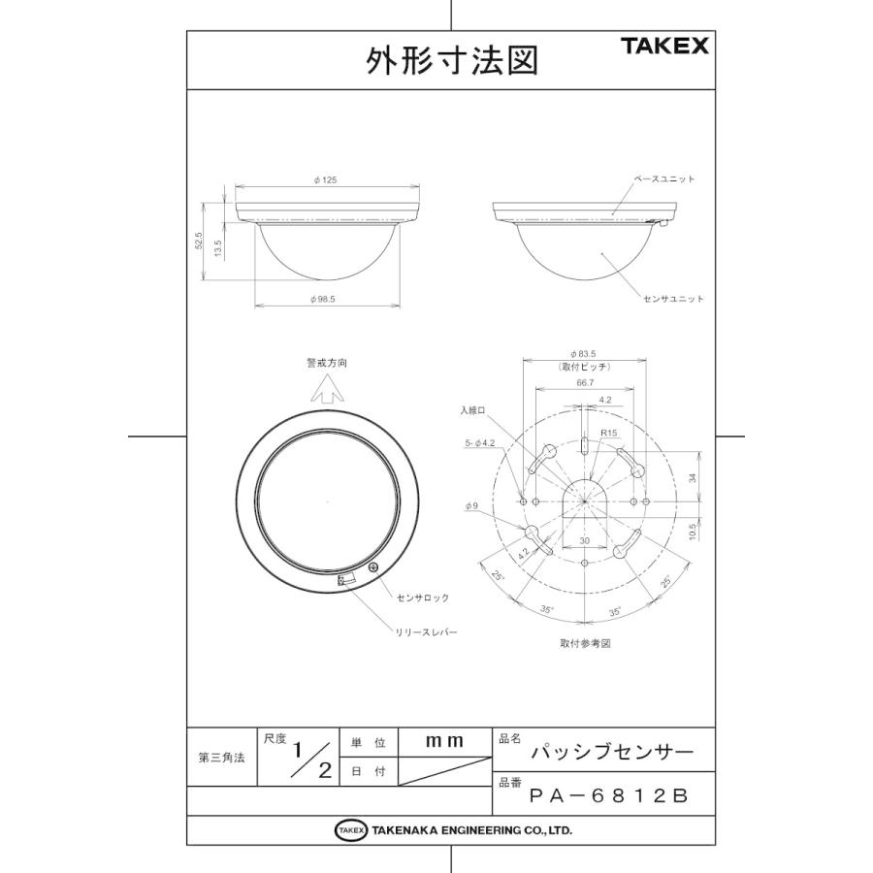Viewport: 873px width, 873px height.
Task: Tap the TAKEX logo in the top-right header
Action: pyautogui.click(x=664, y=46)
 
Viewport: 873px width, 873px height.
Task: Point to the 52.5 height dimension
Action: pyautogui.click(x=199, y=242)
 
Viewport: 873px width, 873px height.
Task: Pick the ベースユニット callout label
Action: pyautogui.click(x=664, y=180)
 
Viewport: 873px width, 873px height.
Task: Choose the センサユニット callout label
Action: pyautogui.click(x=673, y=299)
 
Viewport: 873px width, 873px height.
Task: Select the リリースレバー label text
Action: pyautogui.click(x=425, y=631)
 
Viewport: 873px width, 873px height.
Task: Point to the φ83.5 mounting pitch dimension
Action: pyautogui.click(x=583, y=353)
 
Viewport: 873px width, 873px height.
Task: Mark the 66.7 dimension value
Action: pyautogui.click(x=583, y=384)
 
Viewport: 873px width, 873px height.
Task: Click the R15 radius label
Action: pyautogui.click(x=609, y=433)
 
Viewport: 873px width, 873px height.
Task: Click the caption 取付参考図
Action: pyautogui.click(x=585, y=644)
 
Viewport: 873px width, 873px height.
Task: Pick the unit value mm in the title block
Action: pyautogui.click(x=444, y=741)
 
